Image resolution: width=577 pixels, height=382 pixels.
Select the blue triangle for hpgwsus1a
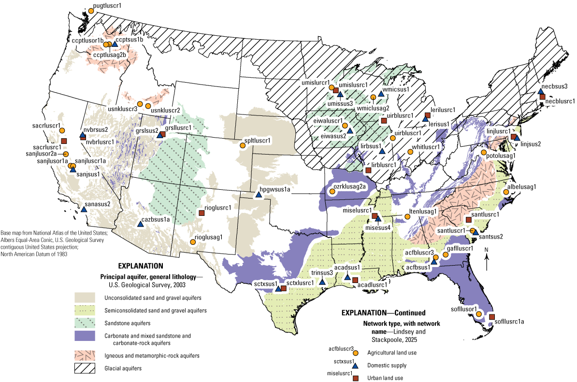point(259,195)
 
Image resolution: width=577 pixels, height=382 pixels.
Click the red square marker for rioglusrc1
point(202,213)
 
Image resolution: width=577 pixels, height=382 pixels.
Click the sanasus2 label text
point(98,204)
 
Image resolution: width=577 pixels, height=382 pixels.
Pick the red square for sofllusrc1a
point(492,317)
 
